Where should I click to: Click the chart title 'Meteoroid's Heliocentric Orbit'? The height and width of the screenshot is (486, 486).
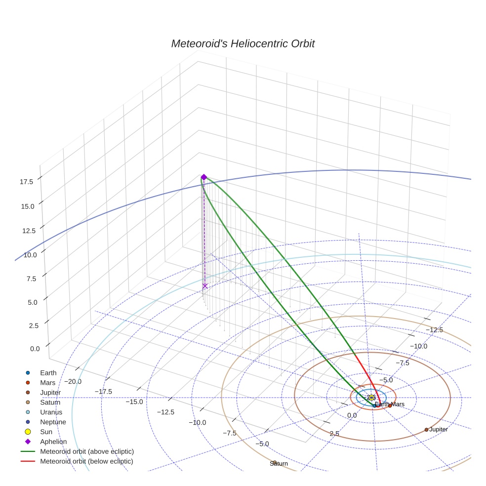click(243, 44)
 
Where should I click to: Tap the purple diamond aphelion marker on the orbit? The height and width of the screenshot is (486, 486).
click(203, 177)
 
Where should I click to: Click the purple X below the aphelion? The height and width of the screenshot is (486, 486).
click(205, 286)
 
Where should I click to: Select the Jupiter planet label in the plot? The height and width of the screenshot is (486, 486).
click(438, 430)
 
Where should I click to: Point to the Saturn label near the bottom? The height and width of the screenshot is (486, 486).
click(279, 464)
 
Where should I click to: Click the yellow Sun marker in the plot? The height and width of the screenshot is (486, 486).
click(371, 398)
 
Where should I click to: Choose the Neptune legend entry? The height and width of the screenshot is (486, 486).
click(53, 422)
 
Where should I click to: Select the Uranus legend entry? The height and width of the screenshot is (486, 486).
click(51, 412)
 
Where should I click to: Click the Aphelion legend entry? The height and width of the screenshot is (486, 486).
click(53, 442)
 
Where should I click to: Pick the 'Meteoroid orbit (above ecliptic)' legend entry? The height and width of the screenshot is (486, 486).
click(87, 451)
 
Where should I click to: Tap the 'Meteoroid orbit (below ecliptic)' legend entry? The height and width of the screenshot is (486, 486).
click(86, 461)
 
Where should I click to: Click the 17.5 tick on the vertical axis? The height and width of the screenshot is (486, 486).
click(26, 182)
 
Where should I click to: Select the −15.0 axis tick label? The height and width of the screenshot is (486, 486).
click(134, 402)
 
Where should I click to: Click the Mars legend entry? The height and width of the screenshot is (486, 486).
click(48, 383)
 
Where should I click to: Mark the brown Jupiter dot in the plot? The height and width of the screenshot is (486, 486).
click(426, 430)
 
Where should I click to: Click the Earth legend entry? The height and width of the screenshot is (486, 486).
click(48, 373)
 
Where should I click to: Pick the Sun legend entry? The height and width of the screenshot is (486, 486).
click(46, 432)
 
